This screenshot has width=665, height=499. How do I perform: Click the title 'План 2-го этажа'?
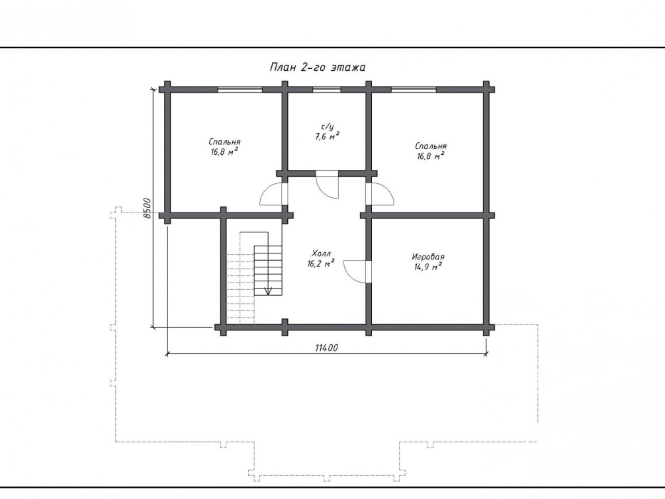tap(318, 68)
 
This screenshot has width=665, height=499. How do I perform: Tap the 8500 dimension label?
tap(147, 208)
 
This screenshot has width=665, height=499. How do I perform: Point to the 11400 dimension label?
tap(327, 348)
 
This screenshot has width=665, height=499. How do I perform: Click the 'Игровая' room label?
tap(428, 257)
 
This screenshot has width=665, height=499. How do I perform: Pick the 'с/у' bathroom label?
tap(328, 127)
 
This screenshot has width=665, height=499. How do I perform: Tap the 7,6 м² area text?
tap(327, 136)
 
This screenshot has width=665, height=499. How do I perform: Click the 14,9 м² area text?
tap(428, 267)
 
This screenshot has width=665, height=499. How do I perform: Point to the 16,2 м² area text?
tap(321, 263)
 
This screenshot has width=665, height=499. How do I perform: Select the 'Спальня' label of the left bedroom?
tap(225, 142)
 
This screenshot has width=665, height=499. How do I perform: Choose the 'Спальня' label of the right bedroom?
tap(431, 146)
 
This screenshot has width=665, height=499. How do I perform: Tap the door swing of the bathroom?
tap(328, 185)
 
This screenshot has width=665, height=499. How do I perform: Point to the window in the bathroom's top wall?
tap(327, 89)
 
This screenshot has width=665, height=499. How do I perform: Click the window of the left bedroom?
tap(240, 89)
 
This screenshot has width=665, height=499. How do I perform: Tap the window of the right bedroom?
tap(414, 89)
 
